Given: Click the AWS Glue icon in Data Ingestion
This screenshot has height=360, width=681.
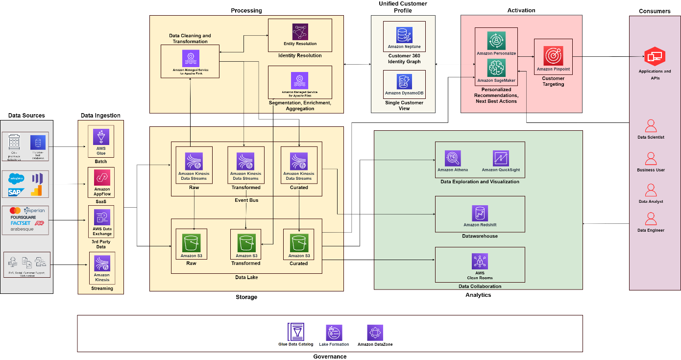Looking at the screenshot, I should (101, 135).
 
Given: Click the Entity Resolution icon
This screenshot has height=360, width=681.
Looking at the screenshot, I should (300, 32).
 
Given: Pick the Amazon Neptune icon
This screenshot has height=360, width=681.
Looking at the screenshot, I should (404, 35).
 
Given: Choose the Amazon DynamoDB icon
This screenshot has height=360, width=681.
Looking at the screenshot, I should (404, 82).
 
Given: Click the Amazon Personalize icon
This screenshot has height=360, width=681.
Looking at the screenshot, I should (496, 41).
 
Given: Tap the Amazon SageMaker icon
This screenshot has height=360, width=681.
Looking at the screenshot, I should (496, 68).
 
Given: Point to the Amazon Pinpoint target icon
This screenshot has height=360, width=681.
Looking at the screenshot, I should (553, 56).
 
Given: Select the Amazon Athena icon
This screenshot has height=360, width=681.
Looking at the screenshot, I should (453, 158).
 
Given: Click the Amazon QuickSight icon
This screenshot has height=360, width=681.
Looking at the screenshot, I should (501, 158).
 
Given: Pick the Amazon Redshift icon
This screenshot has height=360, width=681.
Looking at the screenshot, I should (480, 213).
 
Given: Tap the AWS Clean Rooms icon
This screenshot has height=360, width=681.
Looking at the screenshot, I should (480, 261).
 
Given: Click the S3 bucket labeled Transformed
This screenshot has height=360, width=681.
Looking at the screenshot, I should (246, 243).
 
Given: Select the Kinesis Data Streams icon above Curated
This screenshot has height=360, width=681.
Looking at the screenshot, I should (299, 161).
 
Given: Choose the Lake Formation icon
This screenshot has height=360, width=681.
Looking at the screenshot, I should (334, 333).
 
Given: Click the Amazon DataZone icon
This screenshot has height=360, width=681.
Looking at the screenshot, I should (375, 333).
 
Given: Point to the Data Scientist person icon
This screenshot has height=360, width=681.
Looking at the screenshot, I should (651, 126).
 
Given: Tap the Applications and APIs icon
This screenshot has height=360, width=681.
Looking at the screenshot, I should (654, 57).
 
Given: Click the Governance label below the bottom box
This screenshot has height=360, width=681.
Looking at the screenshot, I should (330, 357).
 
